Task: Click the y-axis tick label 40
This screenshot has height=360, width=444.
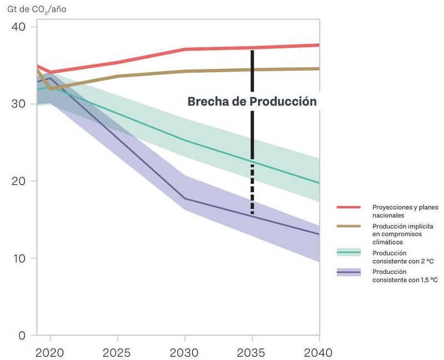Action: (19, 27)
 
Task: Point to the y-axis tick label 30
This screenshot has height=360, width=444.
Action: (19, 104)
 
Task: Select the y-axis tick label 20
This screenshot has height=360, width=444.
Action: (19, 181)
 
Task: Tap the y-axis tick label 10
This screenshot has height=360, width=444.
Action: (19, 258)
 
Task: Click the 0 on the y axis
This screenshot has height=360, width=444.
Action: (22, 336)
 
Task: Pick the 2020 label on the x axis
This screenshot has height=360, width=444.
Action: (51, 353)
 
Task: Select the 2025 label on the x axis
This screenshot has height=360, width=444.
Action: (118, 353)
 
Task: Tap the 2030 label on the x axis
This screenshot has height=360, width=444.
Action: (185, 353)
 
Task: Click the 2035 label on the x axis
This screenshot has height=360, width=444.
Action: (253, 353)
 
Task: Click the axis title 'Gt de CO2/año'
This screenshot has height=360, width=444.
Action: (34, 9)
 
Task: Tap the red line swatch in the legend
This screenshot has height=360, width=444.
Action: (349, 207)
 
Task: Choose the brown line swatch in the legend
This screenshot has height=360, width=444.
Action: (349, 227)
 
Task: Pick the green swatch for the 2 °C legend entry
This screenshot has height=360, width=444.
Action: (349, 253)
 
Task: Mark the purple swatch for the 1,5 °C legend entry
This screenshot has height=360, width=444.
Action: (349, 272)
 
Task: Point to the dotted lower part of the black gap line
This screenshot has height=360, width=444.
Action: (253, 189)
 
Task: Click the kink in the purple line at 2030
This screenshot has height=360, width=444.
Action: (185, 198)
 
